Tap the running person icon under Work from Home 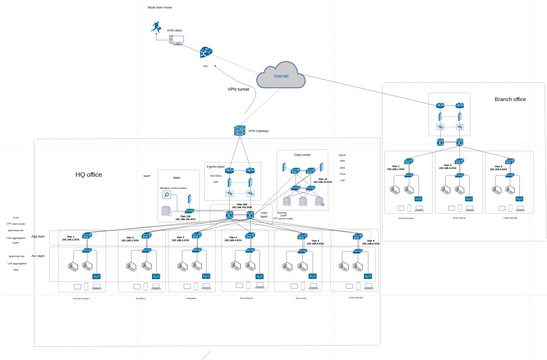[156, 31]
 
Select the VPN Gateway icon [240, 131]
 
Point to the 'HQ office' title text [89, 175]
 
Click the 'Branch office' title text [510, 99]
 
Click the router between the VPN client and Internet [206, 52]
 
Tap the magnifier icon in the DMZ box [167, 196]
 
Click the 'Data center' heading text [301, 156]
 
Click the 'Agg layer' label [39, 237]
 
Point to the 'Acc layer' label [39, 255]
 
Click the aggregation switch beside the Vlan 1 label [88, 235]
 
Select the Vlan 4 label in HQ [232, 238]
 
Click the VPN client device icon [175, 39]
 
